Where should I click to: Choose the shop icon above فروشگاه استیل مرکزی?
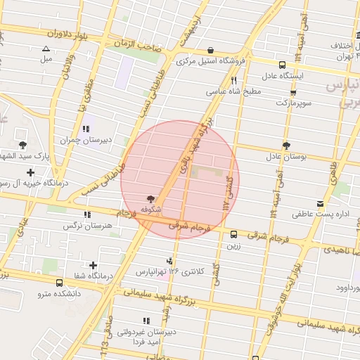click(x=212, y=50)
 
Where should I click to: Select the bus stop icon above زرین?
click(x=233, y=235)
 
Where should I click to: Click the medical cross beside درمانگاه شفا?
click(x=74, y=264)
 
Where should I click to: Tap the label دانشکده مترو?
click(x=58, y=293)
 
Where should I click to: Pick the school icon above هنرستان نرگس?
click(x=87, y=215)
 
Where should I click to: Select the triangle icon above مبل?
click(x=46, y=49)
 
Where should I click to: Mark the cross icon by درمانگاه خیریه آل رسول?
click(x=30, y=172)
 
